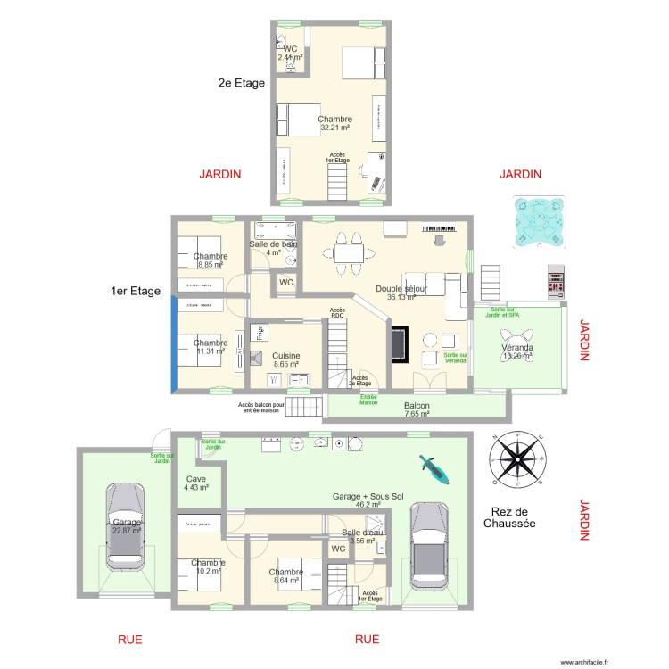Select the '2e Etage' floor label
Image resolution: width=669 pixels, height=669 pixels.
(242, 83)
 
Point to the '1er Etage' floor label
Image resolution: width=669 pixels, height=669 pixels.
(136, 291)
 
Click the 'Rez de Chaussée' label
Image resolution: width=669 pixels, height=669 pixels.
(513, 518)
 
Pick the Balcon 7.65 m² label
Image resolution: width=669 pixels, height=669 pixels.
(417, 409)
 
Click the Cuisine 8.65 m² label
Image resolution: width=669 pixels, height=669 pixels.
(286, 360)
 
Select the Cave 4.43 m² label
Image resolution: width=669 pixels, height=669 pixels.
(196, 483)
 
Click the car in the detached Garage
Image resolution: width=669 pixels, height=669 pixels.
(125, 525)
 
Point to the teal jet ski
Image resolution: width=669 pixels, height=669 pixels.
(435, 468)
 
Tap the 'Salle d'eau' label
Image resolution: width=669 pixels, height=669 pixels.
(363, 536)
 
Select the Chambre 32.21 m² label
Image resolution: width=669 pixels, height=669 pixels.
(334, 123)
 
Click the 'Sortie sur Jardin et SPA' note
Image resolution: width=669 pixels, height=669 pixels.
(504, 312)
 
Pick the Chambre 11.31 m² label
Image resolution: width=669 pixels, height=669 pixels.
(211, 347)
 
